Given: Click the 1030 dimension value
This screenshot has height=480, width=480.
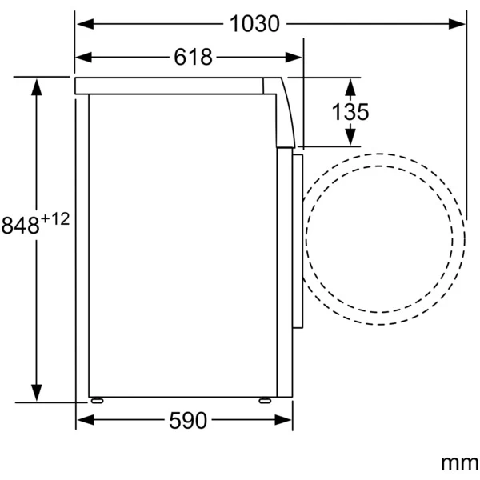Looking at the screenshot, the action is coord(254,24).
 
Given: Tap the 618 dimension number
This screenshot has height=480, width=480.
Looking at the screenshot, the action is coord(193,57).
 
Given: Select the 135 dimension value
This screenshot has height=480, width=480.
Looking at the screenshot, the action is coord(350,112).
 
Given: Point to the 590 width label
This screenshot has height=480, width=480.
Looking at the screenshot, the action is coord(188,420).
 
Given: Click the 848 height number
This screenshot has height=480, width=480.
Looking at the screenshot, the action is coord(21,225).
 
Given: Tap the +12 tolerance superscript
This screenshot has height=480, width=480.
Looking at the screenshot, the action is coord(55,219).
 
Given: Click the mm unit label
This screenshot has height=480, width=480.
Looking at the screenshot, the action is coord(459,462).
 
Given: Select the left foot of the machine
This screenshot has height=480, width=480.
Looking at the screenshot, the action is coord(97,400).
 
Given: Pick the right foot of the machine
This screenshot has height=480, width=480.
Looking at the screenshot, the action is coord(265,400).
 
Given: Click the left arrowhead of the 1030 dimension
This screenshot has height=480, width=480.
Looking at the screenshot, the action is coord(85,24).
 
